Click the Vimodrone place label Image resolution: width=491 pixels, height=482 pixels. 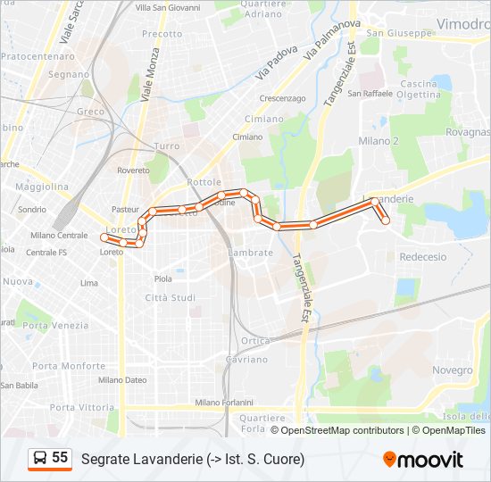(463, 24)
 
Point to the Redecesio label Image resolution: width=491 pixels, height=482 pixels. (423, 256)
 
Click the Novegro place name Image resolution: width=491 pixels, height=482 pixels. (453, 370)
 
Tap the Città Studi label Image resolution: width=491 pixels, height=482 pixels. (170, 297)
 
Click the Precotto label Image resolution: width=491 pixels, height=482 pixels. (162, 34)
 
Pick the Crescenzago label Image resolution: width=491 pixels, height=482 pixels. (282, 98)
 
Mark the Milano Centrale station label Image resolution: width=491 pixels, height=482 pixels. (59, 236)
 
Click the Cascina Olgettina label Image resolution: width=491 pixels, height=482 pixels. (420, 88)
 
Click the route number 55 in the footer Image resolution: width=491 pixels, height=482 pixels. (60, 458)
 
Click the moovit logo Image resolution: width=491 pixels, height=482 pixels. (423, 460)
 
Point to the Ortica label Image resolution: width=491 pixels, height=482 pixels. (255, 341)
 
